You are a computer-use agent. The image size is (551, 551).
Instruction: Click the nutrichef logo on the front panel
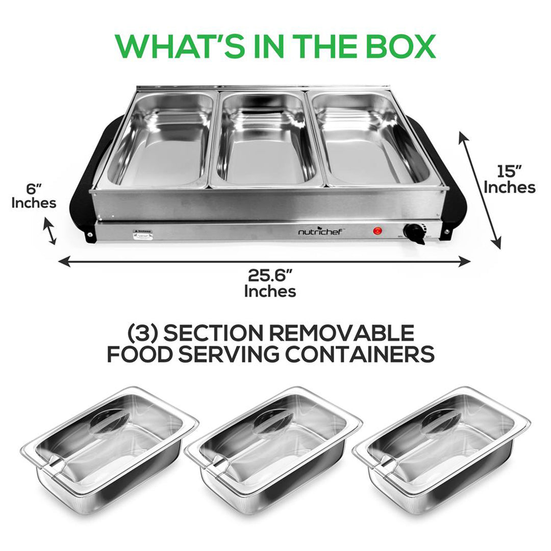coord(322,232)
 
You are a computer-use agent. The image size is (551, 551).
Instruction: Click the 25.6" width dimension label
coord(270,283)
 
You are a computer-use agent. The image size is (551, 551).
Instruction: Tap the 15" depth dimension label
coord(509,179)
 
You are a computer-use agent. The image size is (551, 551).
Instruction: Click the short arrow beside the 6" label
coord(49,231)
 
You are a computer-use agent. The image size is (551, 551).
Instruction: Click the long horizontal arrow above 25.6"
coord(264,262)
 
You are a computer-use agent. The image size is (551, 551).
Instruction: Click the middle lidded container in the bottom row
coord(273,449)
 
